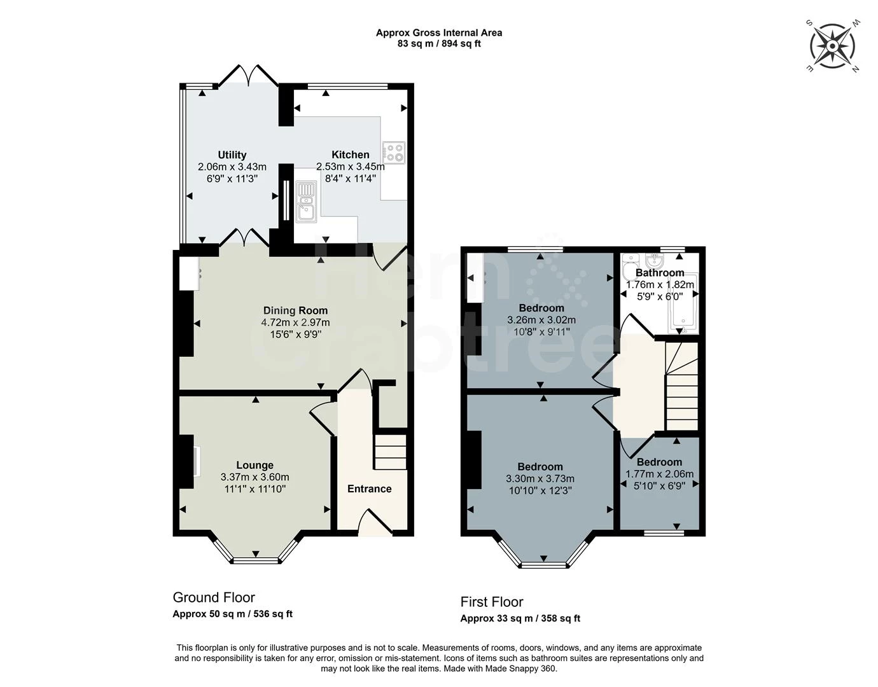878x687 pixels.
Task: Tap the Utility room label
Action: point(232,155)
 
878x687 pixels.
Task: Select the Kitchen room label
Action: point(351,155)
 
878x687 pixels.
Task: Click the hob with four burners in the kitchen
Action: point(394,153)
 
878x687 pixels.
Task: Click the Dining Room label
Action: point(295,310)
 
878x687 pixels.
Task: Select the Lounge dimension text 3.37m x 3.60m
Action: point(255,477)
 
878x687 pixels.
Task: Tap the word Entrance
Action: point(369,489)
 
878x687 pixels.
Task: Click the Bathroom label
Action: point(660,273)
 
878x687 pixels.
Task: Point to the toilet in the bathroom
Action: point(629,268)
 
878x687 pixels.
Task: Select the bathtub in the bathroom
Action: point(683,303)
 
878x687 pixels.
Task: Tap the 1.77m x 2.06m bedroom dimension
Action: point(659,474)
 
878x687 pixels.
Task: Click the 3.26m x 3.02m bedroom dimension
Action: point(541,320)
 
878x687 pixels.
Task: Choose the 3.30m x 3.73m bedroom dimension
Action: point(540,479)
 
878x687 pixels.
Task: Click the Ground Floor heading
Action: point(214,597)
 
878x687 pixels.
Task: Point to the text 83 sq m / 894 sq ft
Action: point(439,44)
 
